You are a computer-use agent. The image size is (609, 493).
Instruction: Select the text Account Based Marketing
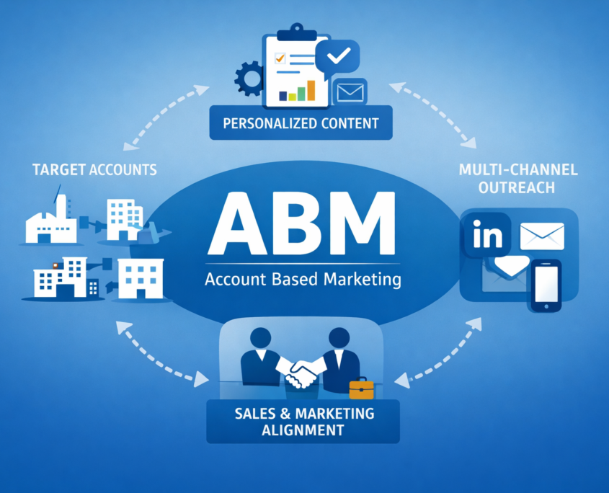click(303, 280)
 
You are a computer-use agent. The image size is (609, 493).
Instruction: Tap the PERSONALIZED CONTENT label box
click(301, 123)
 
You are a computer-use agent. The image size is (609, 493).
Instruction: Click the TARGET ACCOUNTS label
click(94, 170)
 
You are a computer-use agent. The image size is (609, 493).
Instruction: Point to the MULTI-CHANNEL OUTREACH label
click(517, 179)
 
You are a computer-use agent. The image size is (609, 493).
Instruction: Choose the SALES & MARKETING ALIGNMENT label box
click(303, 422)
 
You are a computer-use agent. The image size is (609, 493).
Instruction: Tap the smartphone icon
click(546, 286)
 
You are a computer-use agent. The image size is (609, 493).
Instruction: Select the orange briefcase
click(361, 389)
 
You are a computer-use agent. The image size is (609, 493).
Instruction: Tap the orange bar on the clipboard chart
click(311, 89)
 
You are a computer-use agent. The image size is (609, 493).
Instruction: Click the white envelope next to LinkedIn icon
click(541, 236)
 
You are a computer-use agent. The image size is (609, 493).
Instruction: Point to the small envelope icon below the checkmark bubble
click(351, 92)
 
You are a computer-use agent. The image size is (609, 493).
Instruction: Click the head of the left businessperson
click(260, 338)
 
